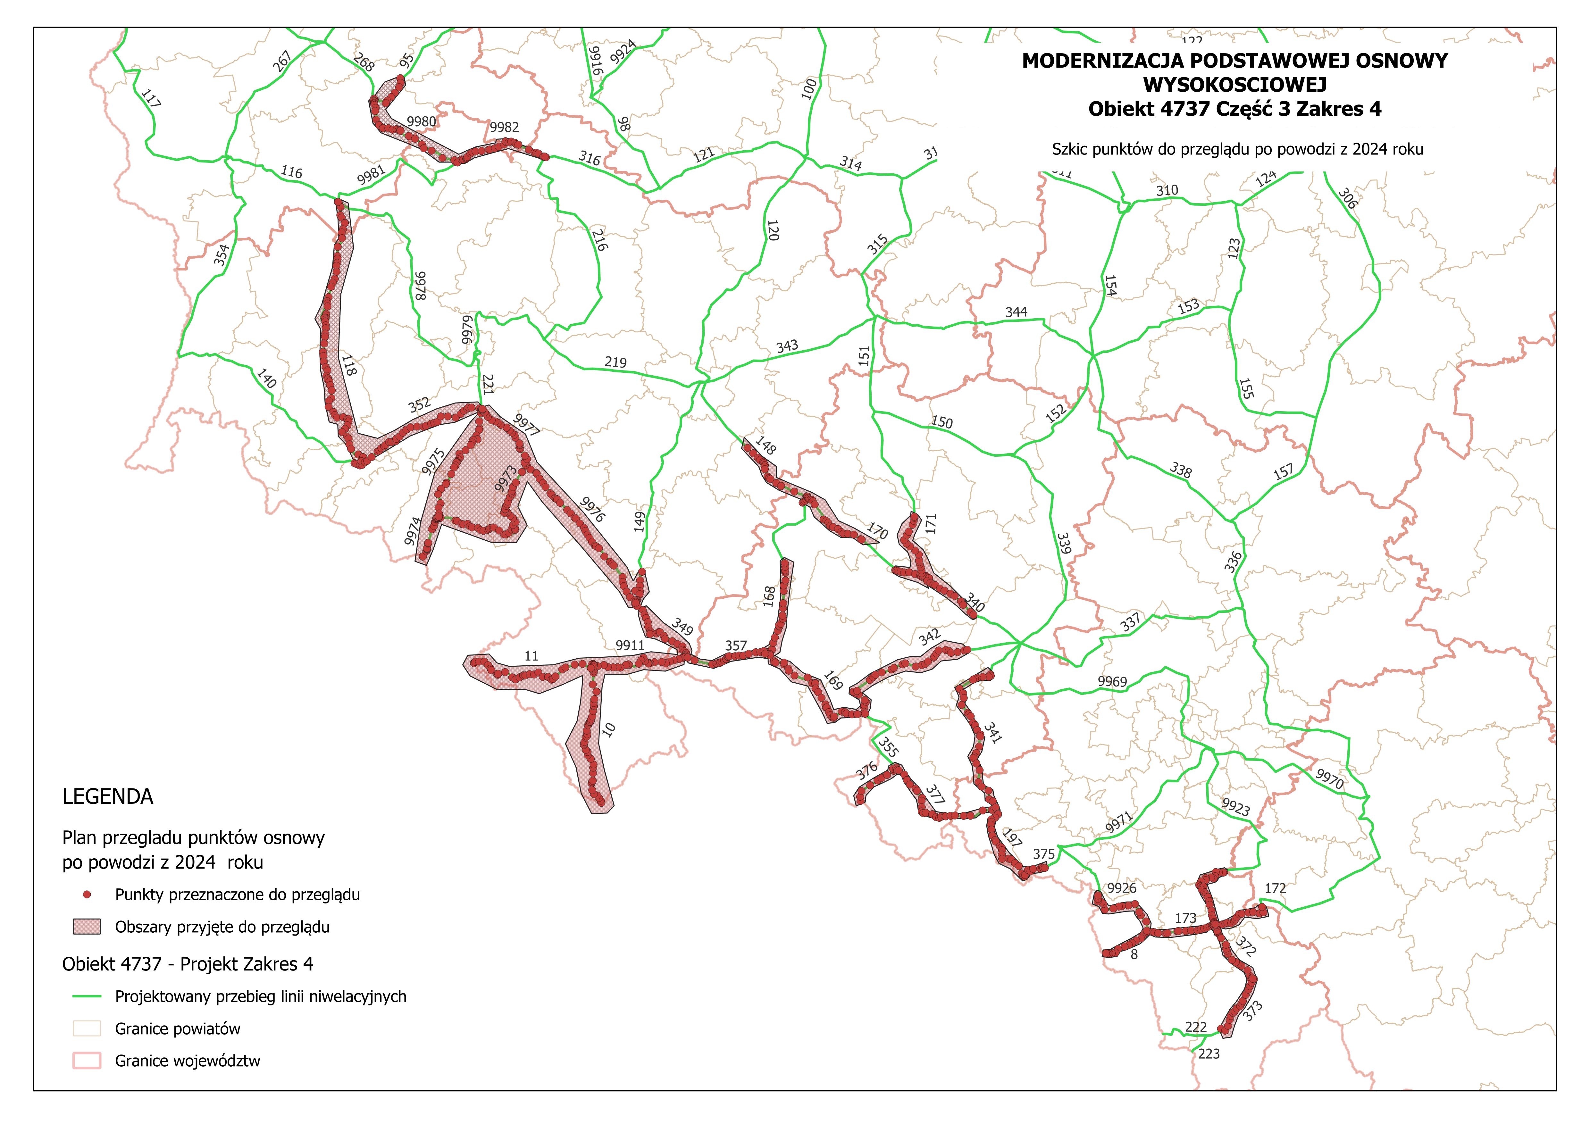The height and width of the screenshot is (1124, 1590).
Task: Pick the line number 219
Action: (615, 362)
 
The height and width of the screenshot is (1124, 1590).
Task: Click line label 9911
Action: (630, 645)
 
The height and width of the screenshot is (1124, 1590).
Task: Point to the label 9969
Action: (1112, 681)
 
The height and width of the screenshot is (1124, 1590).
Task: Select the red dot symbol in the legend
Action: (87, 895)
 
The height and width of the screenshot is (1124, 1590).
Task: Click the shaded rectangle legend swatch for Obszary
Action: (87, 927)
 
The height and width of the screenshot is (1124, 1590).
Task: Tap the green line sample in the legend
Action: (87, 996)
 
